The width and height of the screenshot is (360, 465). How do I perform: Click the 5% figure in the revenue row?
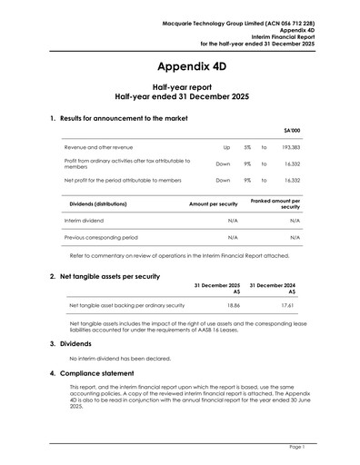click(247, 146)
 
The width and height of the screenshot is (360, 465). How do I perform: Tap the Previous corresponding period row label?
click(101, 236)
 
